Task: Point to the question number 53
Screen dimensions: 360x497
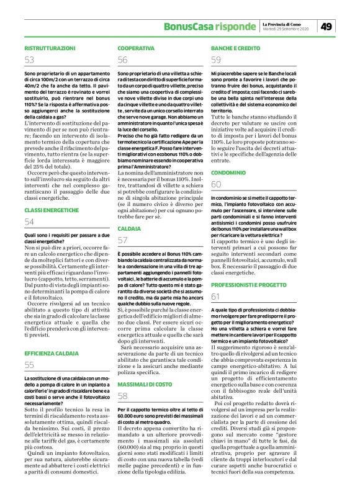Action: [30, 60]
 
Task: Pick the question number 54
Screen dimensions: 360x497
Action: [30, 222]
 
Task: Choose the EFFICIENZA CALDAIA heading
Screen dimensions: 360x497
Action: [52, 352]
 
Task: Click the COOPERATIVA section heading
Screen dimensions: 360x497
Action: [136, 48]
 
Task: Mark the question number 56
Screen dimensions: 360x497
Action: [123, 60]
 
